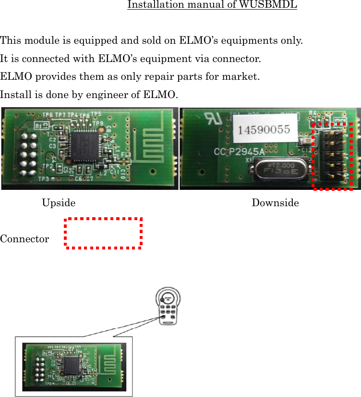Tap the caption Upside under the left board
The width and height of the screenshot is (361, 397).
[59, 203]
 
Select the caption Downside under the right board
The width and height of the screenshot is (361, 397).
[275, 203]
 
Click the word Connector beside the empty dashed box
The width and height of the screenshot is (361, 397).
[24, 239]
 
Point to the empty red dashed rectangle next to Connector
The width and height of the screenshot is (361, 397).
[104, 234]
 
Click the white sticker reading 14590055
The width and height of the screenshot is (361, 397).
[261, 129]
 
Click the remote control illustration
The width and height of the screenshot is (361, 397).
[169, 308]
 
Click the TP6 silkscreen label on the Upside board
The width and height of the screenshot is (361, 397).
[48, 115]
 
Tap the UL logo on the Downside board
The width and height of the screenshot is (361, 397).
[211, 119]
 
